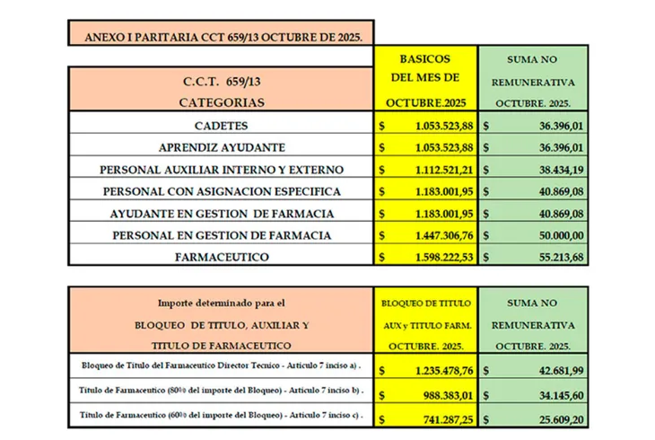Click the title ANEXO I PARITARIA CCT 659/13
coord(221,38)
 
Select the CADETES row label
coord(221,125)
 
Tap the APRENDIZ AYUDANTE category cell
coord(221,147)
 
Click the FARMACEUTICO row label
coord(221,257)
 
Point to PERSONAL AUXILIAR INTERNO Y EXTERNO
coord(221,169)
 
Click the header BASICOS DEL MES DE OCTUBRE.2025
coord(426,79)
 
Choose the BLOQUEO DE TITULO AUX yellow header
coord(426,323)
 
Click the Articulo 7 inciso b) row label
coord(221,393)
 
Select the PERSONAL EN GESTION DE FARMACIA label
coord(221,234)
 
